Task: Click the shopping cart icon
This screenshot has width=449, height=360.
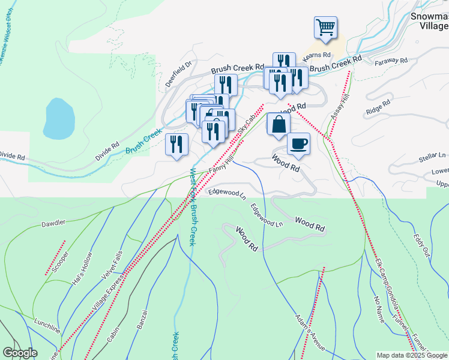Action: point(325,27)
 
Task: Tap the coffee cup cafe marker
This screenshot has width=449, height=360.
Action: point(298,144)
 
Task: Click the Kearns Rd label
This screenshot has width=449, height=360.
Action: point(317,55)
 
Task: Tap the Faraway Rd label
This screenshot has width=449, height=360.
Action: point(391,61)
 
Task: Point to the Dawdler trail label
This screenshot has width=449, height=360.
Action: point(53,224)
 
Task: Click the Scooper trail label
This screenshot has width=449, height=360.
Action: point(61,262)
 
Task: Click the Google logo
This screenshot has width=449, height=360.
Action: point(20,353)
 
